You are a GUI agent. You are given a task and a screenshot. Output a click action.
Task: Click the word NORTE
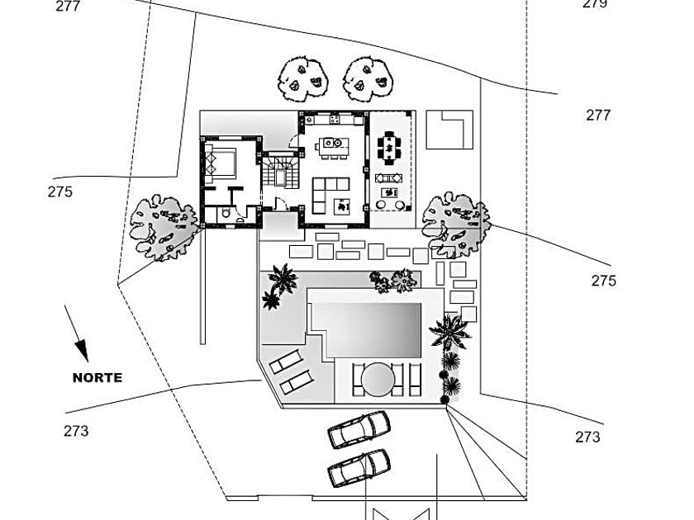pos(97,378)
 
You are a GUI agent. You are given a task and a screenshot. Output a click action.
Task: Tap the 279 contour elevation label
pos(595,4)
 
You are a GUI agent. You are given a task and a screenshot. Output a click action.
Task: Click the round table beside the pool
pos(377,379)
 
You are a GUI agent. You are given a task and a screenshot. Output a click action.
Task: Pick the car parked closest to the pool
pos(359,429)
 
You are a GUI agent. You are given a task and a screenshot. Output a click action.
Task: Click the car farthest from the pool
pos(359,468)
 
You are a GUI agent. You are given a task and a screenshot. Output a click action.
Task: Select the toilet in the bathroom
pos(226,215)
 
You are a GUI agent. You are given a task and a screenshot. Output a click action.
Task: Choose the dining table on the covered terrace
pos(389,148)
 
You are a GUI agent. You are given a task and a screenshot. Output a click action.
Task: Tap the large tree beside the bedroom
pos(164,227)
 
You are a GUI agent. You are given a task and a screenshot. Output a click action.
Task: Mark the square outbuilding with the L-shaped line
pos(449,130)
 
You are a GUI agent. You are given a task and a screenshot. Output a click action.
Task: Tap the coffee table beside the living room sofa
pos(340,206)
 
